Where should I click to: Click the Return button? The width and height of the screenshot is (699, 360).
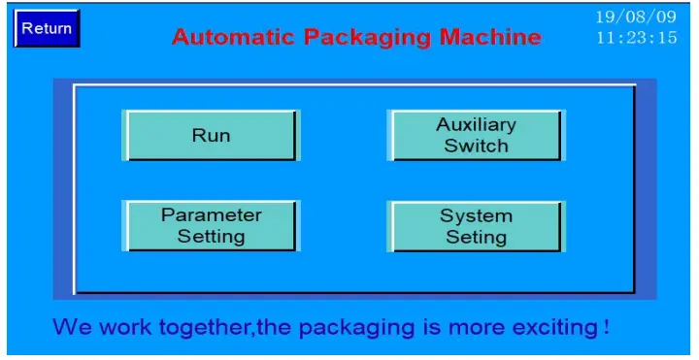47,28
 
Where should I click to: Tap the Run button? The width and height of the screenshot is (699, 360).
211,135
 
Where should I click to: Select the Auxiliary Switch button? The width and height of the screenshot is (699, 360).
476,135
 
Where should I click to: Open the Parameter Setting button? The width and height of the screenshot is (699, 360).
211,225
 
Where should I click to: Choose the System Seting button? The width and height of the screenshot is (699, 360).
476,225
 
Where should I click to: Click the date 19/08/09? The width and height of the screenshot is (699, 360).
636,17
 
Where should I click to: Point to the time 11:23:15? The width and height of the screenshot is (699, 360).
636,39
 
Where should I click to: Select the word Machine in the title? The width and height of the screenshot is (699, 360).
490,37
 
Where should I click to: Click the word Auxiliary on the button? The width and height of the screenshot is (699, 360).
476,124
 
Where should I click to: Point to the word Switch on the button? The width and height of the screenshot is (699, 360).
476,146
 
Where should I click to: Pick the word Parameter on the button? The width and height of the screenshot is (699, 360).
211,214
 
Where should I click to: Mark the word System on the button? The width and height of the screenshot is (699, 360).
476,214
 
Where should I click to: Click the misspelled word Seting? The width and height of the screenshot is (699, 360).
476,237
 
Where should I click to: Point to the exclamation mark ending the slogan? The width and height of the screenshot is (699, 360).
606,326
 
